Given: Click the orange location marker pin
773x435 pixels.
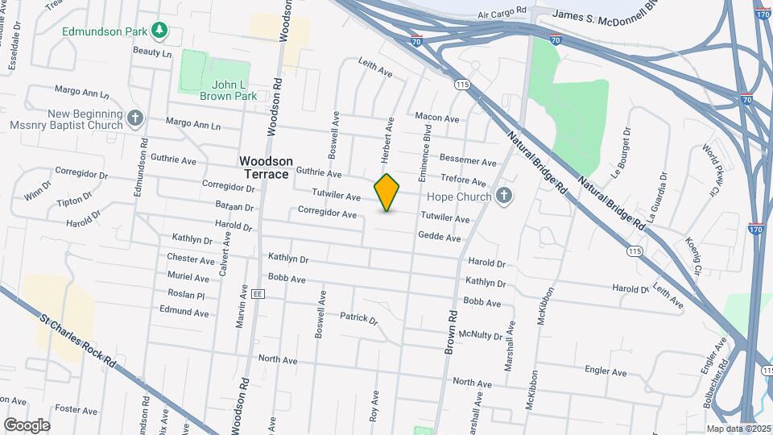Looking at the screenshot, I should [387, 193].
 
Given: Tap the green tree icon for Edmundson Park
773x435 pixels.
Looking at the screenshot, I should [161, 31].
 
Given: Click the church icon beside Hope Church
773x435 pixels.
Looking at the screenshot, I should [504, 196].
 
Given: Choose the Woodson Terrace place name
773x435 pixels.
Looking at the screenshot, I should [266, 168].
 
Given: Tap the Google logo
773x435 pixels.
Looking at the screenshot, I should [27, 425].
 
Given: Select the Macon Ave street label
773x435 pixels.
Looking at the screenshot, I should [437, 118].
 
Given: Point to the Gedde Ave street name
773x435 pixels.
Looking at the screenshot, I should [439, 237].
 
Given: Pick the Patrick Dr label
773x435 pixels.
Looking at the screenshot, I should [358, 318].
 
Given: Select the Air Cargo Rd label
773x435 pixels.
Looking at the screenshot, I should [501, 13].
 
